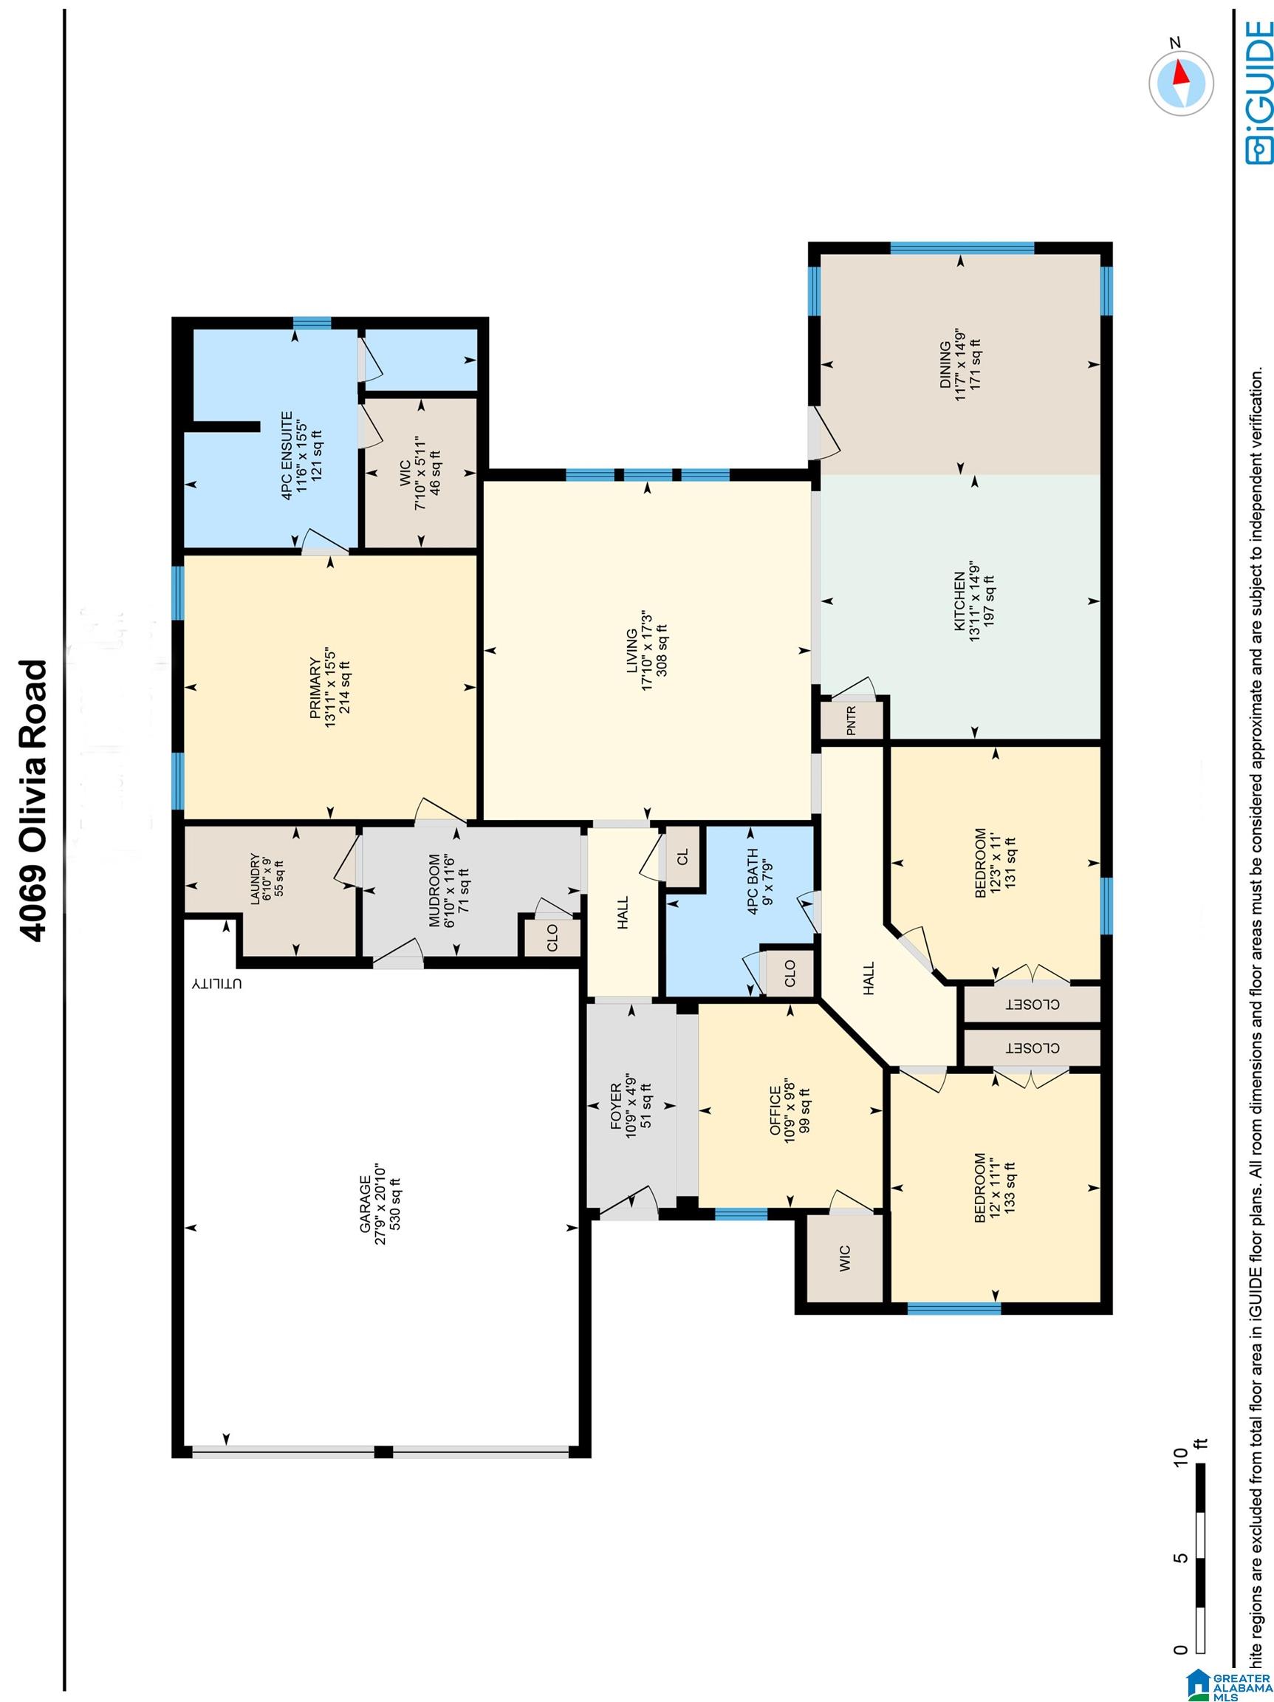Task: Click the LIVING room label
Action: point(631,651)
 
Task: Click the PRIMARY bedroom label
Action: point(315,687)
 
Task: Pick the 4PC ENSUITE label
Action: point(287,457)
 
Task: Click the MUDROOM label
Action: point(436,890)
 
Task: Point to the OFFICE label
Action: point(775,1111)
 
